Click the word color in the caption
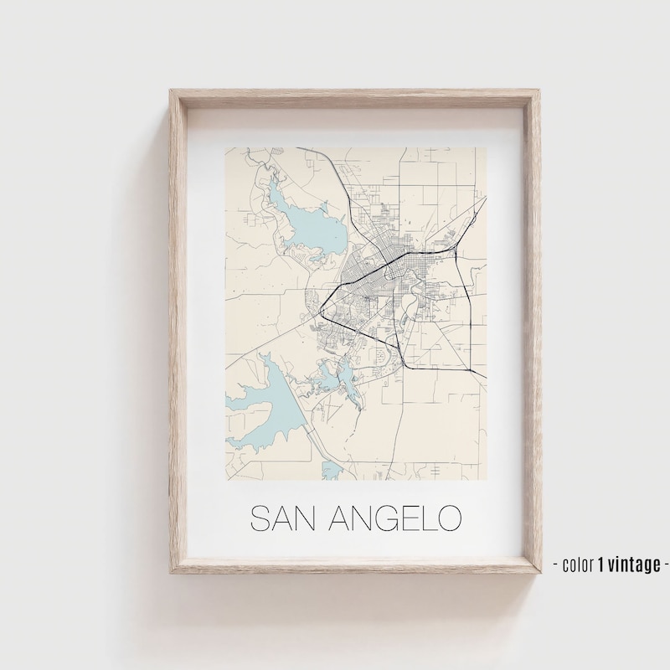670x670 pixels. pos(577,564)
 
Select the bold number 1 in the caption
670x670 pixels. pos(601,564)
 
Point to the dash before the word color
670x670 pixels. pos(556,564)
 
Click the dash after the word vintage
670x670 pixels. pos(665,564)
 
